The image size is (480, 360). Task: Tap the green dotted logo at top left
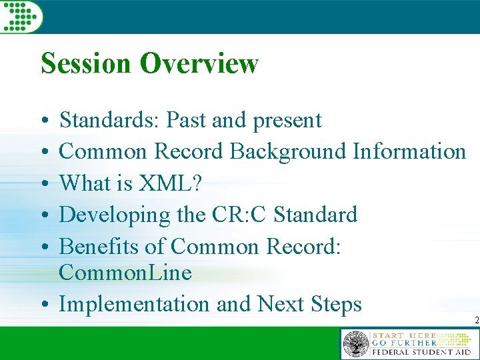point(20,15)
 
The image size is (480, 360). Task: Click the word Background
point(287,152)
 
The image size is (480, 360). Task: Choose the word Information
point(409,152)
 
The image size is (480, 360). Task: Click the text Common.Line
point(125,273)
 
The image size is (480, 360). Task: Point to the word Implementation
point(135,305)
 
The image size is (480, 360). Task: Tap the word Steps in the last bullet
point(336,305)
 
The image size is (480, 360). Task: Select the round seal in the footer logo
point(355,345)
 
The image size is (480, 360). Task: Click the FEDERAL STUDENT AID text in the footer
point(421,352)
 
